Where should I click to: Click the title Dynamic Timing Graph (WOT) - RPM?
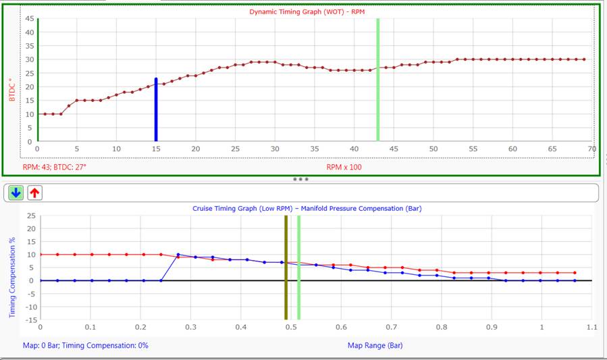[307, 11]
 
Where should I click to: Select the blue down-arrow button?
[16, 192]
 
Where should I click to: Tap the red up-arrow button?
[34, 192]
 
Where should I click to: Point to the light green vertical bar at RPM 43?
[378, 81]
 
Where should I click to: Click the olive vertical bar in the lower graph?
[286, 267]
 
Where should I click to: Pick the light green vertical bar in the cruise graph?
[298, 267]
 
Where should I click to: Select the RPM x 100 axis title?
[344, 167]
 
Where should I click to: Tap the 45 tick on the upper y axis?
[29, 18]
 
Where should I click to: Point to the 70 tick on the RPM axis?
[592, 149]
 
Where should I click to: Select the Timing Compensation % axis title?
[12, 267]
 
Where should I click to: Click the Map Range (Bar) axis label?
[375, 345]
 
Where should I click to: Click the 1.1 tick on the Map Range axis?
[591, 328]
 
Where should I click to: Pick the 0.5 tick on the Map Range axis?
[291, 328]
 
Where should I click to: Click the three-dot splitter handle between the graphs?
[300, 180]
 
